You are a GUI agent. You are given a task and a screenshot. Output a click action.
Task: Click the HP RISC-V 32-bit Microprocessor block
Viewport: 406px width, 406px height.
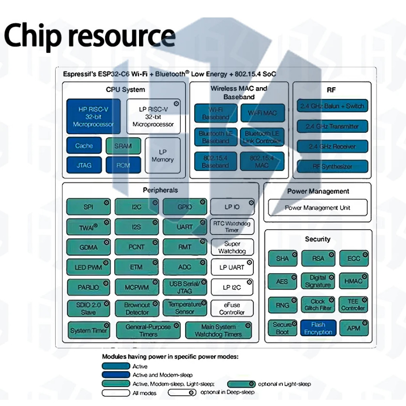click(93, 116)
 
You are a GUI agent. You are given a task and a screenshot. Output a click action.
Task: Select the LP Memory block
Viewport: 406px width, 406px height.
click(162, 156)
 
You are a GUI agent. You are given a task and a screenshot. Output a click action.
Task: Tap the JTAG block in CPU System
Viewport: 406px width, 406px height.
click(83, 165)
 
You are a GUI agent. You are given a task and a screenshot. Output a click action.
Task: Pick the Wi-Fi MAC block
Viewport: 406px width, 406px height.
click(262, 113)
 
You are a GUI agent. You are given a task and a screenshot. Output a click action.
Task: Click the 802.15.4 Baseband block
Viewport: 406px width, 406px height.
click(216, 161)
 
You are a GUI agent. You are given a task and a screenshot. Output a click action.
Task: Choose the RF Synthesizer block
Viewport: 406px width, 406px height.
click(332, 167)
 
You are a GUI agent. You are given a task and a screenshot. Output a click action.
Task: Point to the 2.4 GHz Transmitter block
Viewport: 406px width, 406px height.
click(332, 126)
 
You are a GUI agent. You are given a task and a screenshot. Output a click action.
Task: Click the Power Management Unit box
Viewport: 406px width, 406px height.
click(318, 208)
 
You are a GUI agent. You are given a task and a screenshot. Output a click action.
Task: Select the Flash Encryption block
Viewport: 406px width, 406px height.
click(318, 328)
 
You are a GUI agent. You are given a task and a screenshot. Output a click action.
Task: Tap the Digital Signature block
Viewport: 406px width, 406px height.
click(318, 281)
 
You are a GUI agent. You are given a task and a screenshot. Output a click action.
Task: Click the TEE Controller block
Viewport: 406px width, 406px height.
click(353, 305)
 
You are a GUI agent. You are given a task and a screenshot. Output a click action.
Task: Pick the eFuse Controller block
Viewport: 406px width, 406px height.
click(232, 309)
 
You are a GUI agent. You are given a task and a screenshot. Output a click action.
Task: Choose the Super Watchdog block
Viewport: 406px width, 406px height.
click(232, 248)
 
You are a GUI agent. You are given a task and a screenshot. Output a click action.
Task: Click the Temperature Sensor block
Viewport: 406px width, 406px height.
click(185, 308)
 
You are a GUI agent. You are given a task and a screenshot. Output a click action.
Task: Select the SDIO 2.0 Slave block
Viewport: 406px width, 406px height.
click(88, 309)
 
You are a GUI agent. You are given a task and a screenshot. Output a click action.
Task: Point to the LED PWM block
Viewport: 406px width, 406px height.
click(88, 267)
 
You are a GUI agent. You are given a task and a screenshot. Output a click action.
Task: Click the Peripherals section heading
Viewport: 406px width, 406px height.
click(160, 190)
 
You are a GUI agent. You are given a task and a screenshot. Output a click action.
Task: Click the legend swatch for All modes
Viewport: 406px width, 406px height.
click(116, 393)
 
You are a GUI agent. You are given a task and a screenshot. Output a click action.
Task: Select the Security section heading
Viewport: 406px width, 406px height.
click(318, 239)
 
